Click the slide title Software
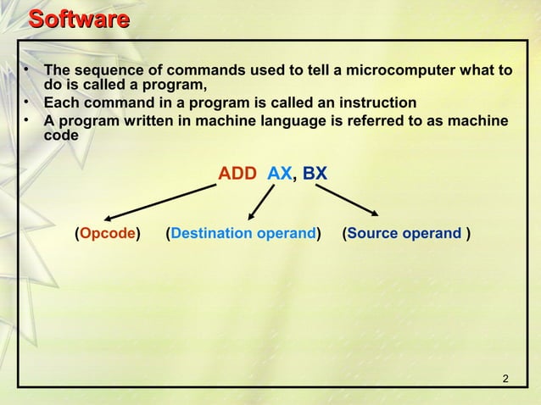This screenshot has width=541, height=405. click(x=78, y=19)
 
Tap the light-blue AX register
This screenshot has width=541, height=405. click(x=279, y=174)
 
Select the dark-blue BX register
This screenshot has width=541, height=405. click(x=315, y=174)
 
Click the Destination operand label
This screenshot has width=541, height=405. click(x=243, y=233)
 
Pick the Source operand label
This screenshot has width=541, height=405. click(x=404, y=233)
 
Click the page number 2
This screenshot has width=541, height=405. click(x=505, y=378)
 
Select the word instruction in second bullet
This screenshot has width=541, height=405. click(x=377, y=103)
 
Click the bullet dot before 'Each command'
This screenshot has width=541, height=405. click(x=27, y=103)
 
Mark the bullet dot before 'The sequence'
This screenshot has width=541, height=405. click(x=27, y=69)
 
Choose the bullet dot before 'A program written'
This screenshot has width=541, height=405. click(x=27, y=120)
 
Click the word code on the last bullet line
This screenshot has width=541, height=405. click(x=61, y=136)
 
